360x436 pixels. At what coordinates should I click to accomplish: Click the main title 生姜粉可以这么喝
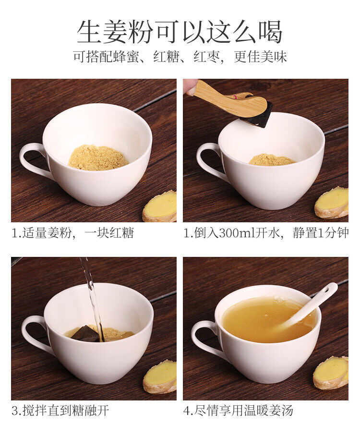click(x=180, y=32)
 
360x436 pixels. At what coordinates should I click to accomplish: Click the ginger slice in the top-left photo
click(x=161, y=206)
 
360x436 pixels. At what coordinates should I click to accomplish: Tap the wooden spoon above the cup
click(x=230, y=99)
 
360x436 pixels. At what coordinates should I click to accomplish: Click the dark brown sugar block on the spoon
click(x=259, y=116)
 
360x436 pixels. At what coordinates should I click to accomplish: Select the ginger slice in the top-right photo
click(x=332, y=202)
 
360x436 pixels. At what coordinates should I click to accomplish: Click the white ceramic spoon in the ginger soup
click(x=307, y=307)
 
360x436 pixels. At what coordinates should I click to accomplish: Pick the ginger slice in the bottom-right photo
click(x=331, y=372)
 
